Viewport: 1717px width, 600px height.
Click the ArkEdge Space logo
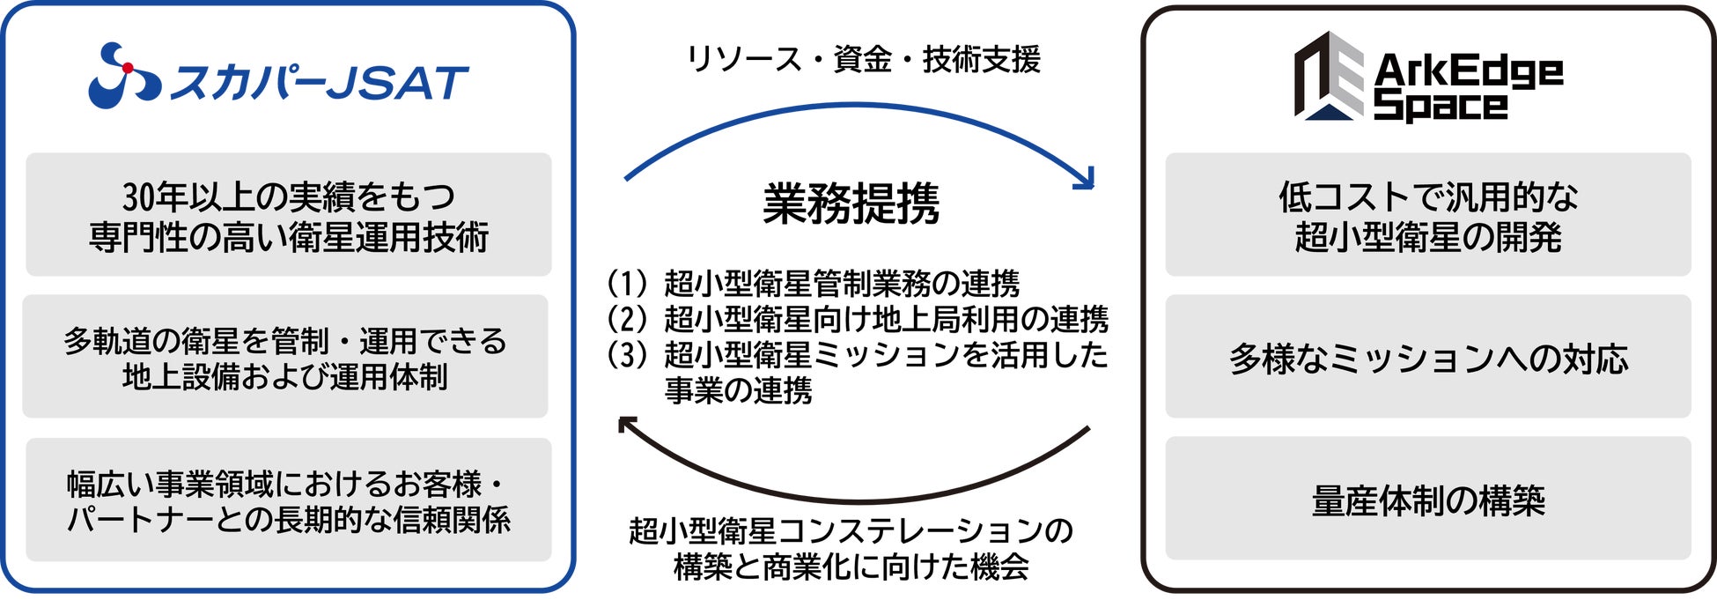[x=1427, y=78]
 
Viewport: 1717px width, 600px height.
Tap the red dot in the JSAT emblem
[x=128, y=68]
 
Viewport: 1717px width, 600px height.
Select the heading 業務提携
[x=851, y=204]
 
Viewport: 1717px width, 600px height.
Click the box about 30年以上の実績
[x=289, y=215]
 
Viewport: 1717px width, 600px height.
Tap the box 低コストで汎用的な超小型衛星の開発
[x=1427, y=215]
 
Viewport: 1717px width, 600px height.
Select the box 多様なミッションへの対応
[x=1427, y=357]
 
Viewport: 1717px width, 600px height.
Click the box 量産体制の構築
[x=1427, y=500]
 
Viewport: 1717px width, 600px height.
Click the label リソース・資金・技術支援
[x=863, y=60]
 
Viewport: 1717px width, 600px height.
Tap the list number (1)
[x=627, y=284]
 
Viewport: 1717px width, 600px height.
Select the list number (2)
[x=627, y=319]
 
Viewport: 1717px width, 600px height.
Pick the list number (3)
[x=627, y=355]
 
